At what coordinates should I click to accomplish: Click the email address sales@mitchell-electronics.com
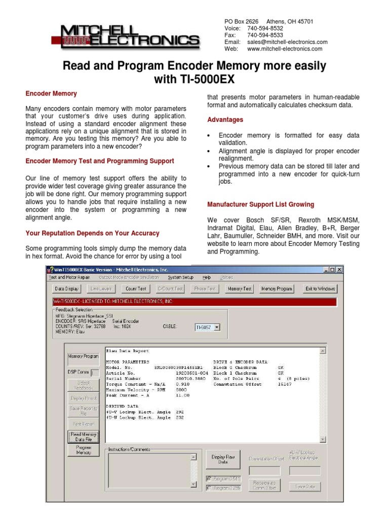tap(287, 42)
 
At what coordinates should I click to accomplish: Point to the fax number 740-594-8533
tap(265, 35)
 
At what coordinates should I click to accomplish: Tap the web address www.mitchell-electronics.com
tap(285, 49)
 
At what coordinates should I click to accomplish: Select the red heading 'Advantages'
tap(225, 120)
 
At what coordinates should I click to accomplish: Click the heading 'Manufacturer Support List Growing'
tap(260, 204)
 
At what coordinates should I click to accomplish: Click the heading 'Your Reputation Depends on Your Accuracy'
tap(92, 233)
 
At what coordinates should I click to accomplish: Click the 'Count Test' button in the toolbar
tap(136, 289)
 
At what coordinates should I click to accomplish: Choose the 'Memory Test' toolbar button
tap(240, 289)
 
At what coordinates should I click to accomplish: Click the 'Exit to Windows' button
tap(320, 289)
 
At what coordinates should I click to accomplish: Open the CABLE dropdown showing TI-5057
tap(208, 327)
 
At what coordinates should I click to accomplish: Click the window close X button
tap(339, 270)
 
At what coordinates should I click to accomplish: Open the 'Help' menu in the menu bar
tap(207, 278)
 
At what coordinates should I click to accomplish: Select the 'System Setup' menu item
tap(181, 278)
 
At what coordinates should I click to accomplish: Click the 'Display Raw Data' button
tap(223, 459)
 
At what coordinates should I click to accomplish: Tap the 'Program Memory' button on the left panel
tap(84, 450)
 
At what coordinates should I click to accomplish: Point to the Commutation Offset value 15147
tap(284, 384)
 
